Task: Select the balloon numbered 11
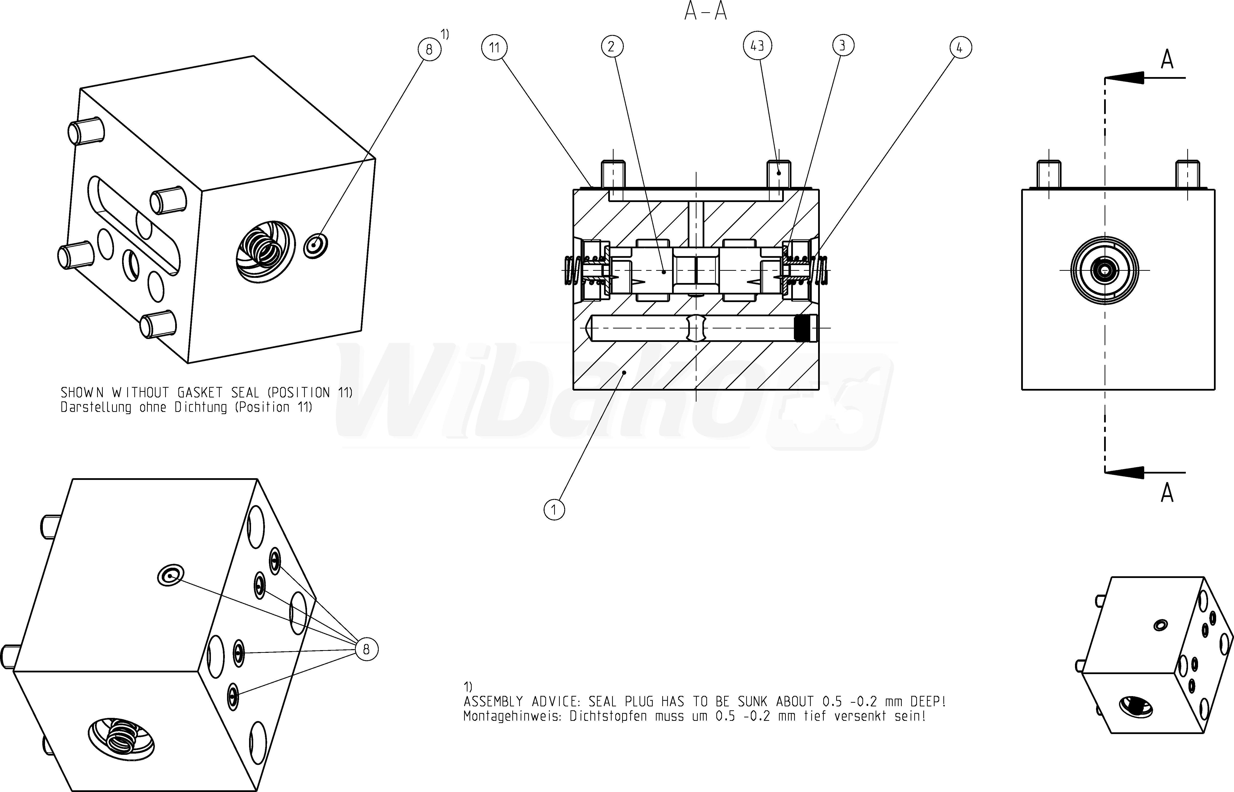point(494,48)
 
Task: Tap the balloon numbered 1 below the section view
point(554,510)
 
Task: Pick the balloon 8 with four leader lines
point(366,650)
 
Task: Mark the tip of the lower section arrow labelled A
point(1105,472)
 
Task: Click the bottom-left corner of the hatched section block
point(573,389)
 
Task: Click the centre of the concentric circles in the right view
point(1104,270)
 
